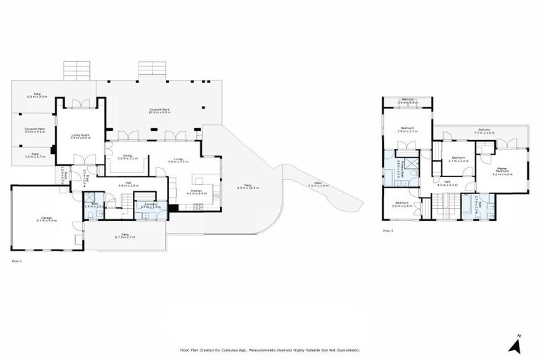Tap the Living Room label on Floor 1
(x=79, y=136)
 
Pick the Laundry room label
(x=150, y=206)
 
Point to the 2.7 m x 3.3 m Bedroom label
(x=458, y=159)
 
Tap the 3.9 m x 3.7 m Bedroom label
(x=407, y=130)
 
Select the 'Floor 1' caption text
(x=18, y=261)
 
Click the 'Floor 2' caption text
(x=388, y=230)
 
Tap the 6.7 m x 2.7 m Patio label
(x=124, y=236)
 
